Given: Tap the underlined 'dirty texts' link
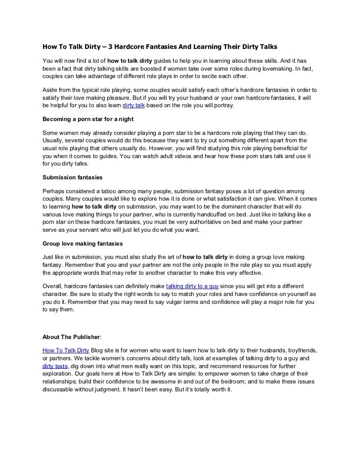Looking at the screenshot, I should [54, 366].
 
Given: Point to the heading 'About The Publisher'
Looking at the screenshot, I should [71, 337].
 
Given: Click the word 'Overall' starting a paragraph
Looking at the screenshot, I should [53, 286].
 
